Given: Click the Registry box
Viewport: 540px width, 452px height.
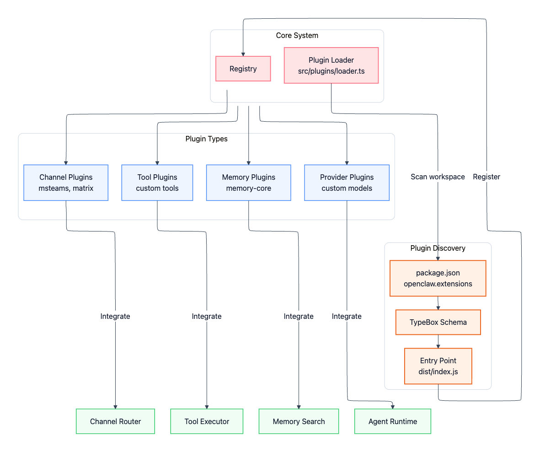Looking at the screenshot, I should (x=243, y=69).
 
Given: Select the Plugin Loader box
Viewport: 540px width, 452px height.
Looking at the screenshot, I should (x=331, y=65).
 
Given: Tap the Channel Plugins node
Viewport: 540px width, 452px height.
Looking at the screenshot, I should (x=66, y=183).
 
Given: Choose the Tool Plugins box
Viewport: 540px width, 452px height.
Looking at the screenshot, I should (x=157, y=183).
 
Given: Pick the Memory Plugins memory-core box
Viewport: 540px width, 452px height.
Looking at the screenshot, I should (x=248, y=183).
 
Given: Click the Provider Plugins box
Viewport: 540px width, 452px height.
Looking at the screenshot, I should (x=347, y=183).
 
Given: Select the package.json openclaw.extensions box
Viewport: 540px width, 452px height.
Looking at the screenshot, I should (x=438, y=278).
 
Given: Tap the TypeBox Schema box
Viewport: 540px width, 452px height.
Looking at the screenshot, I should (x=438, y=322).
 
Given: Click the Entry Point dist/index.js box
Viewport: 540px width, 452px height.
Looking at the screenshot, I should (x=438, y=366).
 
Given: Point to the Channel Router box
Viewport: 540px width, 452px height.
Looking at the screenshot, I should (x=115, y=421).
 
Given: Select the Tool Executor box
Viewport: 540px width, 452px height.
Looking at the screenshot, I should (x=207, y=421).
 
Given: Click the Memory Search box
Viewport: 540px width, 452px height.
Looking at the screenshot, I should (x=299, y=421).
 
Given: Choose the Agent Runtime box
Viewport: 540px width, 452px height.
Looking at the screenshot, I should (x=393, y=421).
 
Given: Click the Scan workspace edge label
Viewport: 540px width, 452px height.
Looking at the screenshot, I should (x=438, y=177).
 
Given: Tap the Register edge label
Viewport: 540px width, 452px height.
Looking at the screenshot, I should (x=487, y=177).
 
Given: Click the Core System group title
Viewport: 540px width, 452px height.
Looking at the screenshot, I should (x=297, y=36).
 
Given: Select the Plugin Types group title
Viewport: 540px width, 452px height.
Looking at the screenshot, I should (x=206, y=139).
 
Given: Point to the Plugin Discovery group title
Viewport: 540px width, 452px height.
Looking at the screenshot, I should (x=438, y=248).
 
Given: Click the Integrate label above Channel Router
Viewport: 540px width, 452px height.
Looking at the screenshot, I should (x=115, y=316).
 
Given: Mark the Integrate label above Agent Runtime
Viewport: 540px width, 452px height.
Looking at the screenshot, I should (x=347, y=316).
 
